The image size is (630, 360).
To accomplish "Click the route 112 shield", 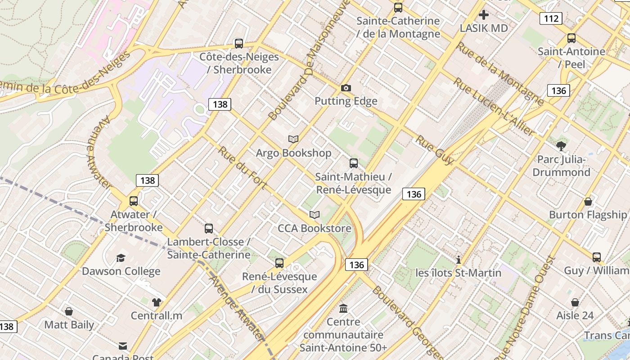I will point(551,18).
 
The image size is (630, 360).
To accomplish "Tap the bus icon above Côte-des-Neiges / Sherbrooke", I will point(239,44).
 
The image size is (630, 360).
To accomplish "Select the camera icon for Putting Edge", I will point(346,88).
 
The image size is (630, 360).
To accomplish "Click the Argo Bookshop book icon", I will point(293,139).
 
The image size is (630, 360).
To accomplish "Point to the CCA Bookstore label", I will point(314,228).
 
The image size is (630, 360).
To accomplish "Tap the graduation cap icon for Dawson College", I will point(121,258).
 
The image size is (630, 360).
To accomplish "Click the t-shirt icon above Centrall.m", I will point(156,302).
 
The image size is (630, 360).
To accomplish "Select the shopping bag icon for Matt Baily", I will point(69,311).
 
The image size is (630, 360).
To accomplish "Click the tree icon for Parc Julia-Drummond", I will point(561,146).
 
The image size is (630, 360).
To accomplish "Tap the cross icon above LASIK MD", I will point(484,15).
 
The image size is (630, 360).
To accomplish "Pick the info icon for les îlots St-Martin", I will point(459,260).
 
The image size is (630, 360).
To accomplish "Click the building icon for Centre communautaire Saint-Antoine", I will point(343,309).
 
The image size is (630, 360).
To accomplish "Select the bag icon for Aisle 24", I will point(575,302).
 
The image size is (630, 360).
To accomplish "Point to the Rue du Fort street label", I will point(243,167).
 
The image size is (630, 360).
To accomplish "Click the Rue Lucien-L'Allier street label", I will point(494,107).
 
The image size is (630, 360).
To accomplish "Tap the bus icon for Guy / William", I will point(597,257).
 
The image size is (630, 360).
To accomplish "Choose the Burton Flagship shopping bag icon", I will point(588,202).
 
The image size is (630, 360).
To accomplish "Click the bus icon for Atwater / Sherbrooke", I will point(134,201).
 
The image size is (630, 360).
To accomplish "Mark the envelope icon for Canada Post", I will point(123,346).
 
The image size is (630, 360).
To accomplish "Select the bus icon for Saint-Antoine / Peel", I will point(571,38).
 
